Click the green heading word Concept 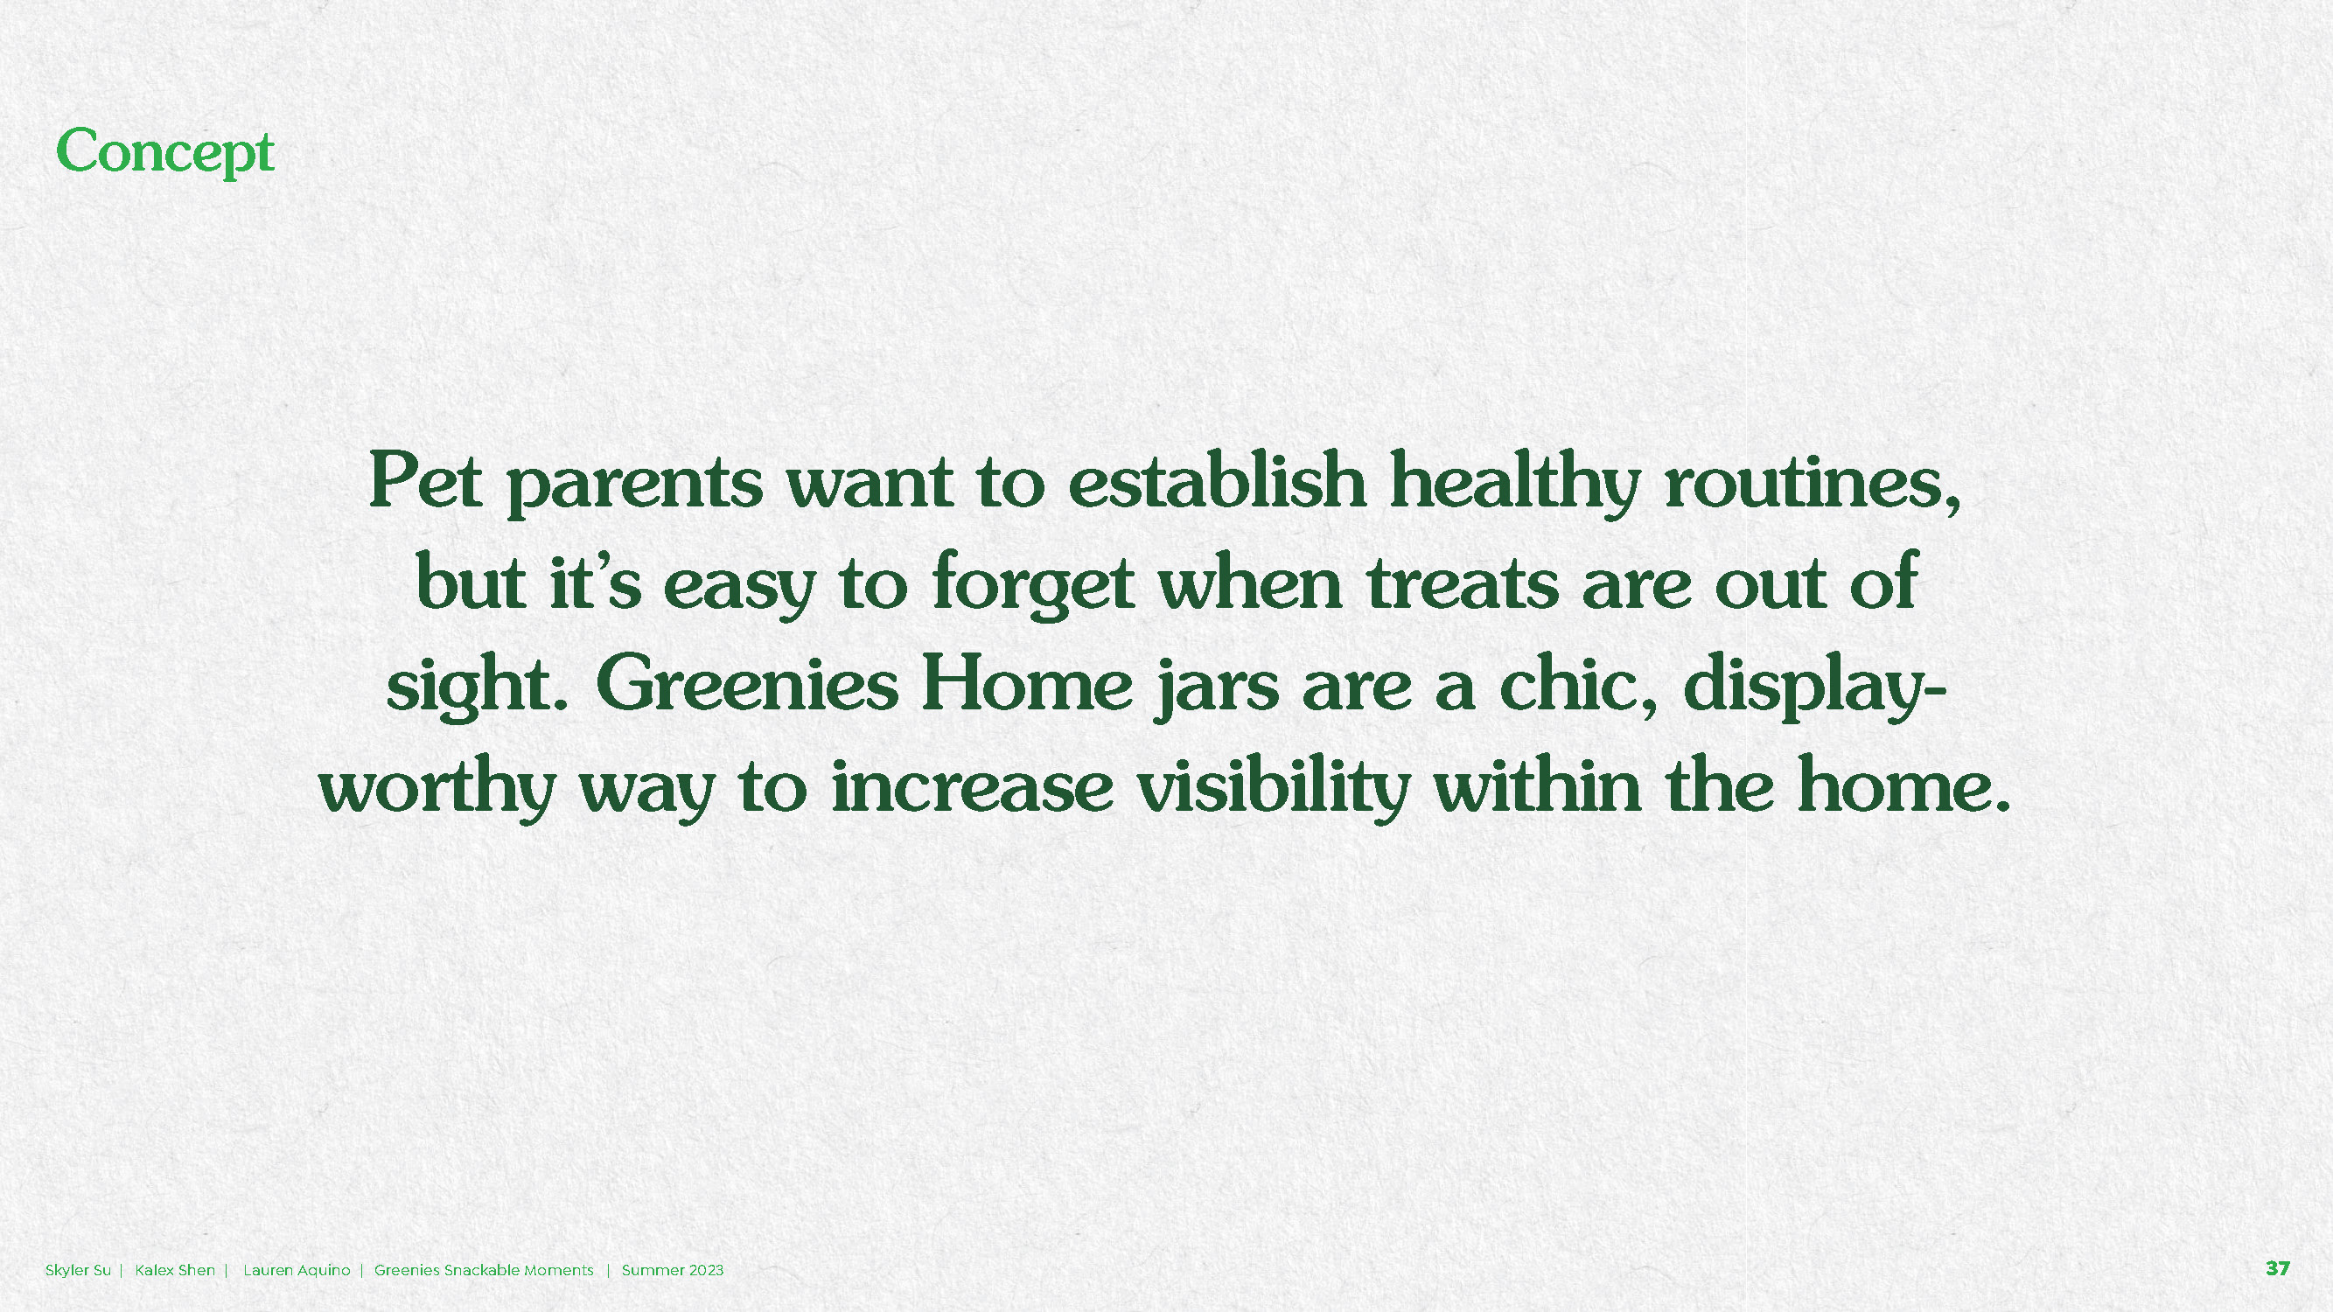[x=164, y=152]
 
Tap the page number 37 [x=2278, y=1268]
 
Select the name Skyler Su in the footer [x=78, y=1269]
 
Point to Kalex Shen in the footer [x=175, y=1269]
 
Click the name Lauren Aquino [x=297, y=1269]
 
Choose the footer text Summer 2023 [x=672, y=1269]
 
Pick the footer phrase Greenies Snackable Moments [x=484, y=1269]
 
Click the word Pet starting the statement [x=425, y=481]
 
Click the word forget [x=1033, y=584]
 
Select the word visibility [x=1274, y=786]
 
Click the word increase [x=972, y=786]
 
